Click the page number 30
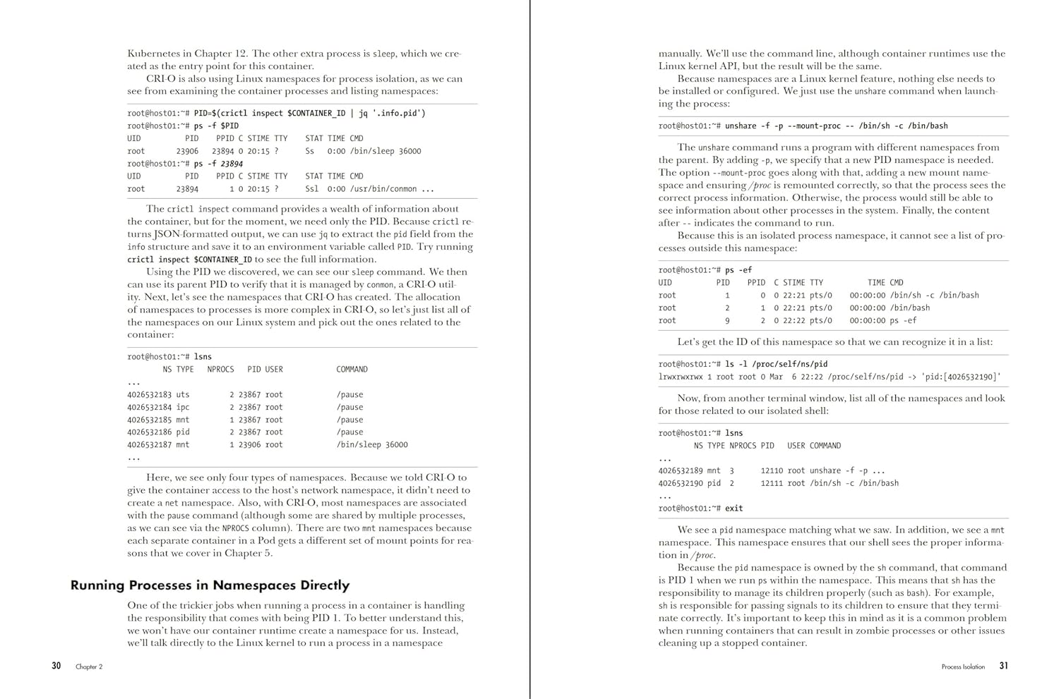coord(56,666)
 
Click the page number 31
coord(1003,666)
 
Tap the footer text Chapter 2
coord(89,667)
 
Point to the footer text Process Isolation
coord(963,667)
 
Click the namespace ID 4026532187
coord(149,445)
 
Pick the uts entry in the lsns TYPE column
coord(183,395)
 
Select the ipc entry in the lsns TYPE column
coord(183,408)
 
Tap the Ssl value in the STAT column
coord(312,189)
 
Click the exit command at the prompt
coord(734,509)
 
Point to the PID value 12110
coord(772,471)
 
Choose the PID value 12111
coord(772,484)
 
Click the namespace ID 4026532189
coord(681,471)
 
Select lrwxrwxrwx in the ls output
coord(681,377)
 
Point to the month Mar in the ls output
coord(777,377)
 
